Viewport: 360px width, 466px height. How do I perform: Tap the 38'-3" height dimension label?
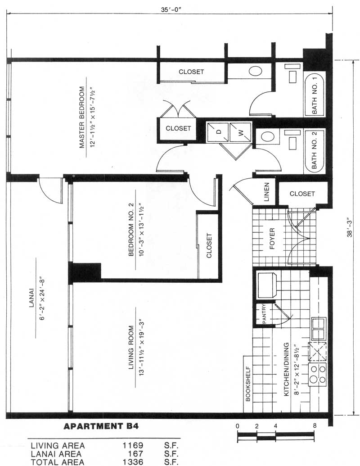coord(350,228)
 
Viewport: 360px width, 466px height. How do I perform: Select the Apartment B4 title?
coord(101,426)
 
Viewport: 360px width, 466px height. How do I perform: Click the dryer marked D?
coord(218,132)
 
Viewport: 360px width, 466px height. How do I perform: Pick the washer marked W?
coord(240,132)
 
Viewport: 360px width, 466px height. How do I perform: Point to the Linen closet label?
coord(266,192)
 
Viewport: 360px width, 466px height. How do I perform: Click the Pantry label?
coord(264,314)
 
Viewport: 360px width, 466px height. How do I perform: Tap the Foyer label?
coord(272,239)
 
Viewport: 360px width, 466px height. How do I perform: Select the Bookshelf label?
coord(248,384)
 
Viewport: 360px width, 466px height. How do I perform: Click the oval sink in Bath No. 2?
coord(267,137)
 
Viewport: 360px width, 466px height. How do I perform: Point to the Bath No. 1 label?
coord(315,95)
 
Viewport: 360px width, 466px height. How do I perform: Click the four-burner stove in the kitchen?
coord(317,375)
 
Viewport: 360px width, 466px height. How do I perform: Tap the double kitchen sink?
coord(318,329)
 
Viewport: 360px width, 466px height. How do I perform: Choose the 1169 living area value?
coord(133,445)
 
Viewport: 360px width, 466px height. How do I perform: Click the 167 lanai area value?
coord(135,454)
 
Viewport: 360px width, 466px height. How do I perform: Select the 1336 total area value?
coord(133,462)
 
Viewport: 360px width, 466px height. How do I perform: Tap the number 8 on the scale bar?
coord(315,426)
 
